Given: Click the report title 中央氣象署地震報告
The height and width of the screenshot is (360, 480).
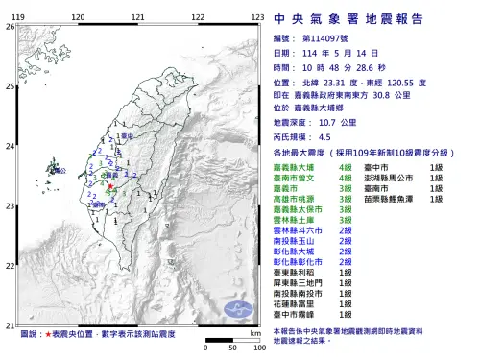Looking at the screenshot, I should (x=370, y=18).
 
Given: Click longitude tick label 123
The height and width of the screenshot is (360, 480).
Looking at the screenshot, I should (x=256, y=18).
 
